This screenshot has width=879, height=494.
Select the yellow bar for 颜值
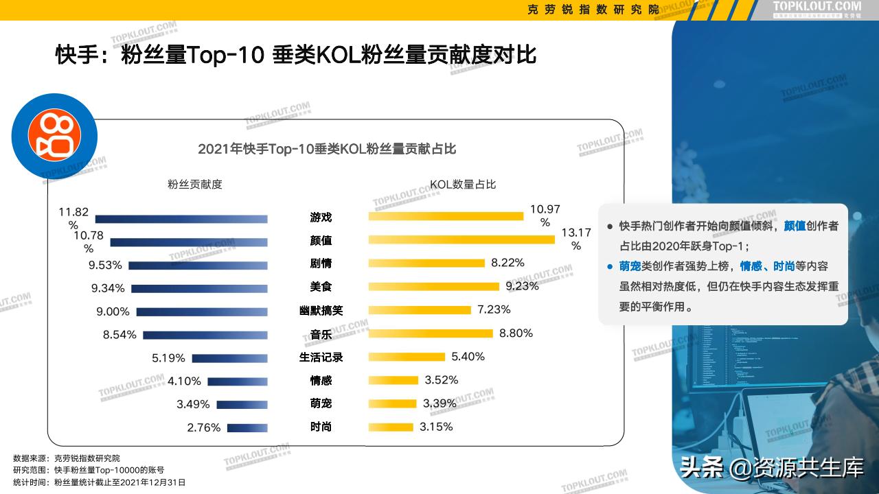pos(461,239)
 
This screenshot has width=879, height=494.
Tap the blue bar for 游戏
pos(181,219)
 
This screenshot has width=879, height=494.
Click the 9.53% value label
pos(105,265)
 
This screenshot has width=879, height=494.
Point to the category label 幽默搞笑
pos(321,310)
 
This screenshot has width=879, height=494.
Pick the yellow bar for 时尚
pos(391,427)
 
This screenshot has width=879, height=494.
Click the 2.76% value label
pos(203,427)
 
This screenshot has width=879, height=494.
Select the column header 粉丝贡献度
pos(195,185)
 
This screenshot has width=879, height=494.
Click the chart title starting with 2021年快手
pos(327,149)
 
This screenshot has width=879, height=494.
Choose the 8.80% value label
pos(516,333)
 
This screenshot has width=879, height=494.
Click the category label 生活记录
pos(321,357)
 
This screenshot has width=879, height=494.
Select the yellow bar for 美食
pos(434,286)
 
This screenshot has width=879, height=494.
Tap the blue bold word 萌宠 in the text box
pos(630,266)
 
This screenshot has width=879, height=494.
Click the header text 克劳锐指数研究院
pos(593,9)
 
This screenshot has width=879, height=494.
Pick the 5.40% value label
pos(468,357)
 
